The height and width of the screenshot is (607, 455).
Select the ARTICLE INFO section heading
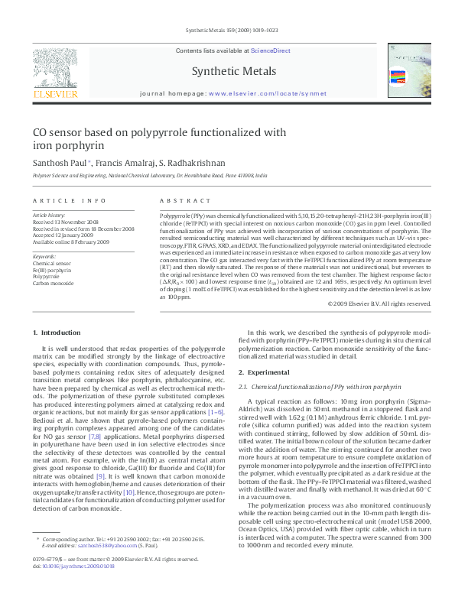click(x=70, y=201)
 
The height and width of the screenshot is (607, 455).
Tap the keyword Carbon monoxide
click(x=53, y=283)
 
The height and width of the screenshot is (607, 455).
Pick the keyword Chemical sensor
click(x=50, y=262)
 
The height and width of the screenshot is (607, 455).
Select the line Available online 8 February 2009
click(x=70, y=242)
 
